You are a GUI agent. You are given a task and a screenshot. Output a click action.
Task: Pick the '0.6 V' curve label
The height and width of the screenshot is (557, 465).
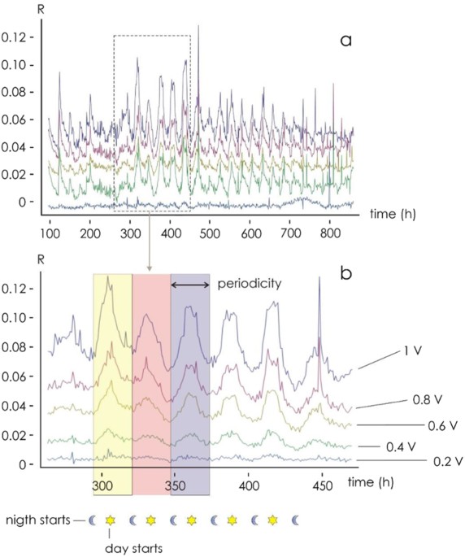click(442, 424)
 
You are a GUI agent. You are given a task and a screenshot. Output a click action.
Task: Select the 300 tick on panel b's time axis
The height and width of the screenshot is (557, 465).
click(102, 485)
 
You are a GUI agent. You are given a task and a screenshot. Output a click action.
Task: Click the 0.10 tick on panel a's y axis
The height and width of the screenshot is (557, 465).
click(20, 64)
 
